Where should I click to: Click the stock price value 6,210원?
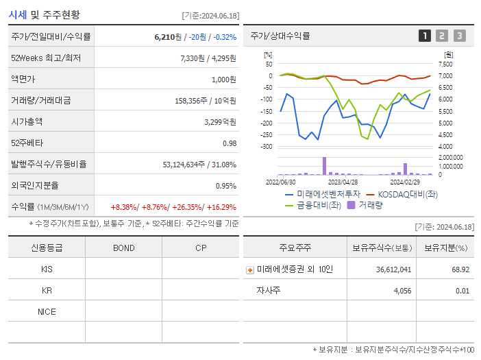(x=169, y=36)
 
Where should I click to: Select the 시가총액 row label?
(x=27, y=121)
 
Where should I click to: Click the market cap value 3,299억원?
(x=220, y=121)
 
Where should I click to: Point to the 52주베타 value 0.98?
(x=229, y=143)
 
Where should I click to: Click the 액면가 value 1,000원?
(x=222, y=79)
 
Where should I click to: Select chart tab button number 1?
(x=425, y=36)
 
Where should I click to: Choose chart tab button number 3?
(x=459, y=36)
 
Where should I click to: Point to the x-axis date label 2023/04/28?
(x=343, y=182)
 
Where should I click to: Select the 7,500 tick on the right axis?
(x=445, y=64)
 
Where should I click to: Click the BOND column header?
(x=123, y=248)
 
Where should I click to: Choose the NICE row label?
(x=47, y=311)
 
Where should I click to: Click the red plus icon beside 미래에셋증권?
(x=250, y=270)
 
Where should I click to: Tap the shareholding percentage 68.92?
(x=460, y=269)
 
